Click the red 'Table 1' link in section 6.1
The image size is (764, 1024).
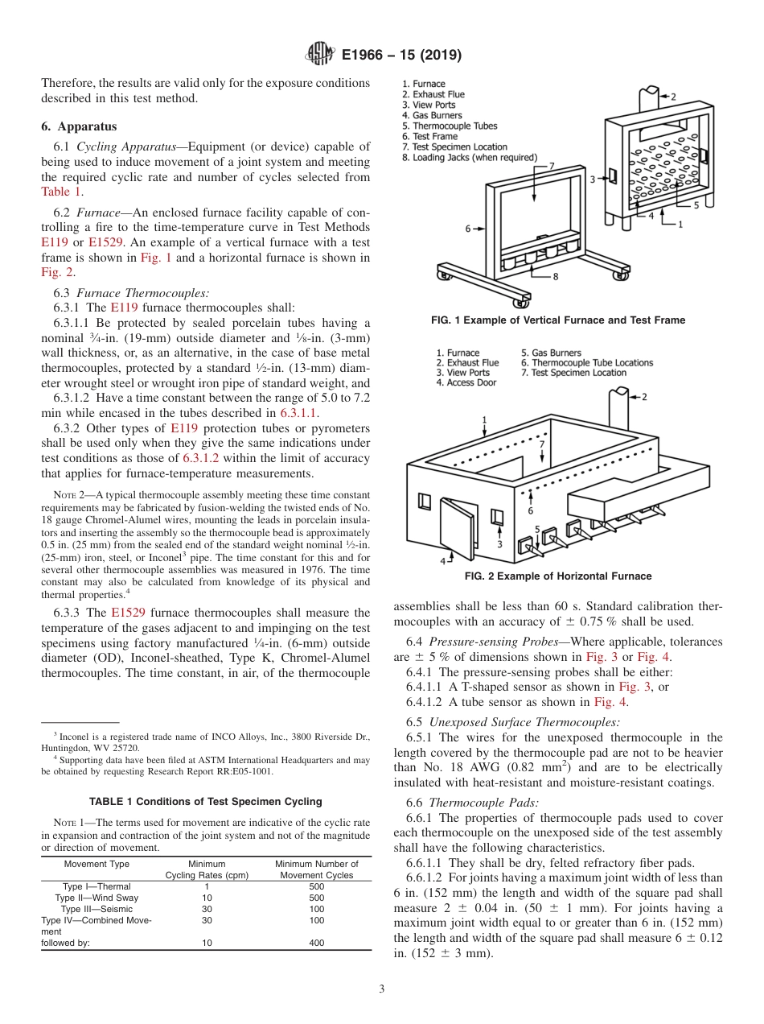61,192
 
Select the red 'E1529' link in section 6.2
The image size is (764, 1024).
103,242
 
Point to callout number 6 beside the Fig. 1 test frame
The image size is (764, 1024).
468,229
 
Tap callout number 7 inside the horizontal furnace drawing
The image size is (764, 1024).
542,444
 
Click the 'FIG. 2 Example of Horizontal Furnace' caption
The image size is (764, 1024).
558,576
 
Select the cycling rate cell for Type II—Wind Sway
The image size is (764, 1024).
207,898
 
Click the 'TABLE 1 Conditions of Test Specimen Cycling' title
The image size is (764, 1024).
206,802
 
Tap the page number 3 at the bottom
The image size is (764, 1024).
382,989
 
